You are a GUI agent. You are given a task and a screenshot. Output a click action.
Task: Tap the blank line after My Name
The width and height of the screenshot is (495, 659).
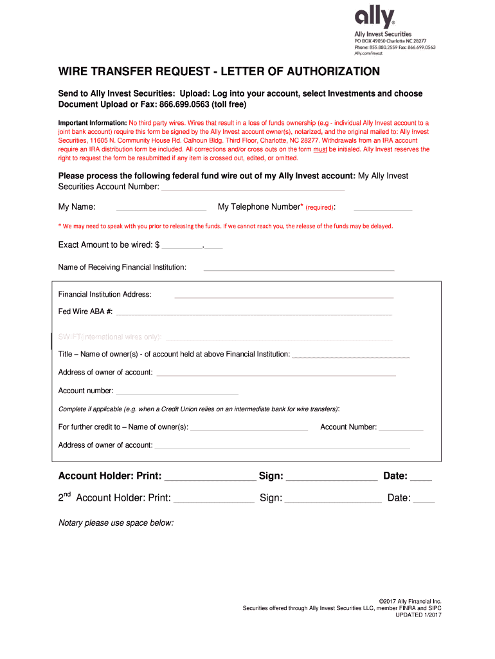coord(161,210)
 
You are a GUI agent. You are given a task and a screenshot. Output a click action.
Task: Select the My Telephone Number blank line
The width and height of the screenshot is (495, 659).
coord(382,210)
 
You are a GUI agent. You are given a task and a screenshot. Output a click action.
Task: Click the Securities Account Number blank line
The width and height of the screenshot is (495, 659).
coord(252,189)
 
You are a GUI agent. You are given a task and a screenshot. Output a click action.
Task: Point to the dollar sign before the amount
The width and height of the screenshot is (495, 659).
coord(157,245)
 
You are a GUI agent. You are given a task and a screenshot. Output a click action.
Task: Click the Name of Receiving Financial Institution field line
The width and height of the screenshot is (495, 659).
coord(299,270)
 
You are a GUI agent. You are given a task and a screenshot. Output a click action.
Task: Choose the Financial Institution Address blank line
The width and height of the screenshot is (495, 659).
coord(283,297)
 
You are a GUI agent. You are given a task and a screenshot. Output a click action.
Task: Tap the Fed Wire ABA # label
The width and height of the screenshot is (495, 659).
coord(85,311)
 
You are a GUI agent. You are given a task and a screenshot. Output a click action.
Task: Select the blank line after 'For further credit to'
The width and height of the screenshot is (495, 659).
coord(249,429)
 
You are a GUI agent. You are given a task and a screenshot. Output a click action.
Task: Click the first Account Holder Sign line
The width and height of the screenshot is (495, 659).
coord(331,479)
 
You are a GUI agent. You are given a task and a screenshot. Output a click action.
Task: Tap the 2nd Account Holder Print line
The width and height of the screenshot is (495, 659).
coord(213,501)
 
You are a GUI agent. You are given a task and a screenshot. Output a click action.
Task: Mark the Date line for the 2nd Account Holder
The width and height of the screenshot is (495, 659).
coord(424,501)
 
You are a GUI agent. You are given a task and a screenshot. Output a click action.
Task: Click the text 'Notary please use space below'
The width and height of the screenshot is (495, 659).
coord(116,523)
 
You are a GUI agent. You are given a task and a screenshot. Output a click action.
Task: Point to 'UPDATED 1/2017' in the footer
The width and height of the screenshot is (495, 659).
coord(419,615)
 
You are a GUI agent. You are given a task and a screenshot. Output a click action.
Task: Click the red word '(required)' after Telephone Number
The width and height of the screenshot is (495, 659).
coord(319,208)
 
